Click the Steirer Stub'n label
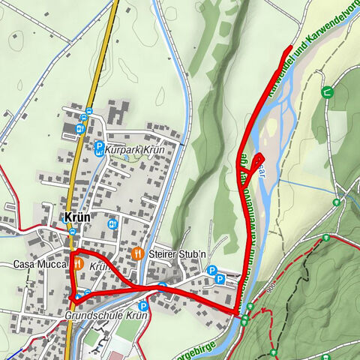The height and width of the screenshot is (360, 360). coord(177,253)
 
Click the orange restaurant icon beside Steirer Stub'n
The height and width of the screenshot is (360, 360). coord(137,253)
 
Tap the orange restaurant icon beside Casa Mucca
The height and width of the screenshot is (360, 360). coord(76,265)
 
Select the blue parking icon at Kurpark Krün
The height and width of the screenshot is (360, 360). coord(98,148)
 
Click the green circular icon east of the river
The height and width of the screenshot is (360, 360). coord(327,92)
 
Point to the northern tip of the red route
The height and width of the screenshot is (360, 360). coord(290,48)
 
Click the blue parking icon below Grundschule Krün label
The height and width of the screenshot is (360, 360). coord(142,306)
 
